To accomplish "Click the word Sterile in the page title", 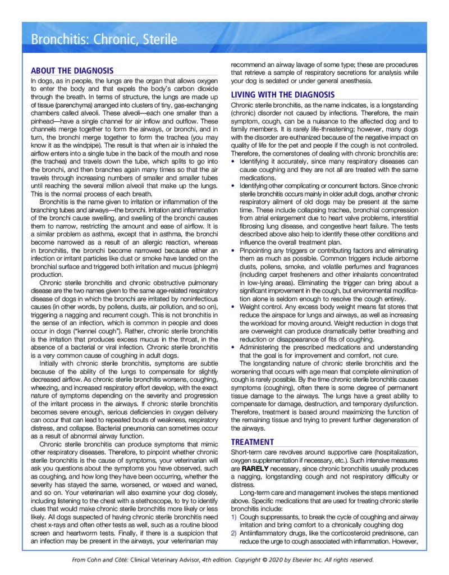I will (158, 40).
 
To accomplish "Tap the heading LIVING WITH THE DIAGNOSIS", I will (283, 94).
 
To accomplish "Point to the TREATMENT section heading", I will (253, 442).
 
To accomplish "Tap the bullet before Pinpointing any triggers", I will (234, 252).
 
